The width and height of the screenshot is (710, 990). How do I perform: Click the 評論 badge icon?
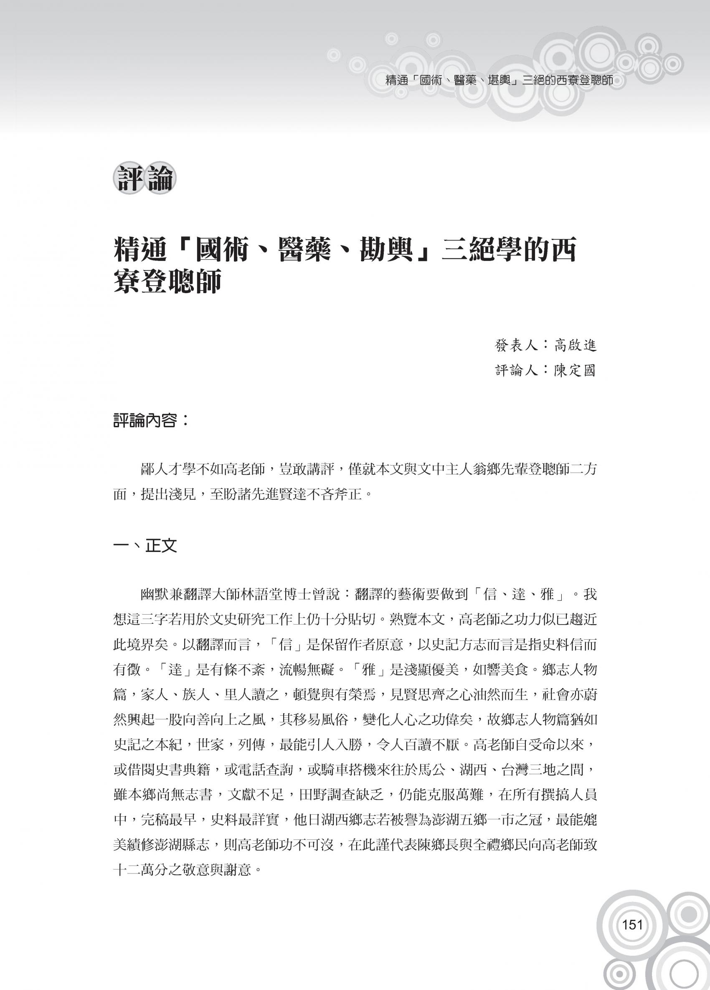(x=145, y=179)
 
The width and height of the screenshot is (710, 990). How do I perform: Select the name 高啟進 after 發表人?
(x=575, y=345)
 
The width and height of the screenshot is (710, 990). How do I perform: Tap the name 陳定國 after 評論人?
(x=575, y=371)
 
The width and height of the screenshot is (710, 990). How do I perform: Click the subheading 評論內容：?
(x=151, y=421)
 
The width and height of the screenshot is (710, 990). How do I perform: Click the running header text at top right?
(x=500, y=81)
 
